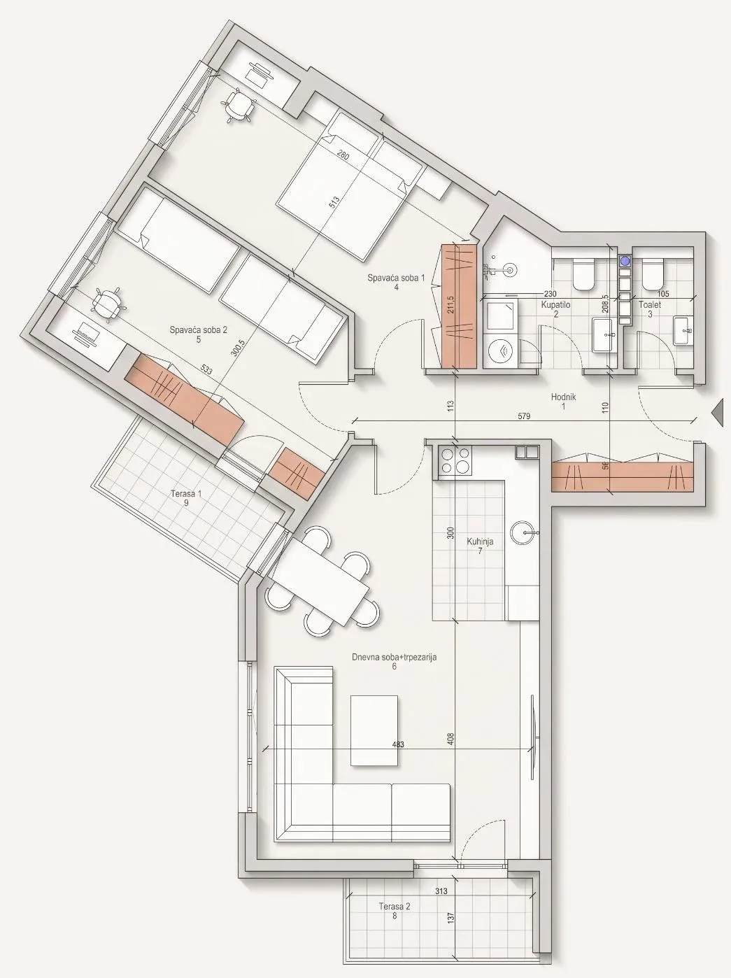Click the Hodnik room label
pyautogui.click(x=564, y=397)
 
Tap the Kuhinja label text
pyautogui.click(x=480, y=541)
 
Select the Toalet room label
pyautogui.click(x=649, y=305)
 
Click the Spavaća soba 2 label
pyautogui.click(x=198, y=330)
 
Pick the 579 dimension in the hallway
pyautogui.click(x=525, y=417)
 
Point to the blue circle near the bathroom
pyautogui.click(x=626, y=261)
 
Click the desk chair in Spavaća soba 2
pyautogui.click(x=106, y=305)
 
